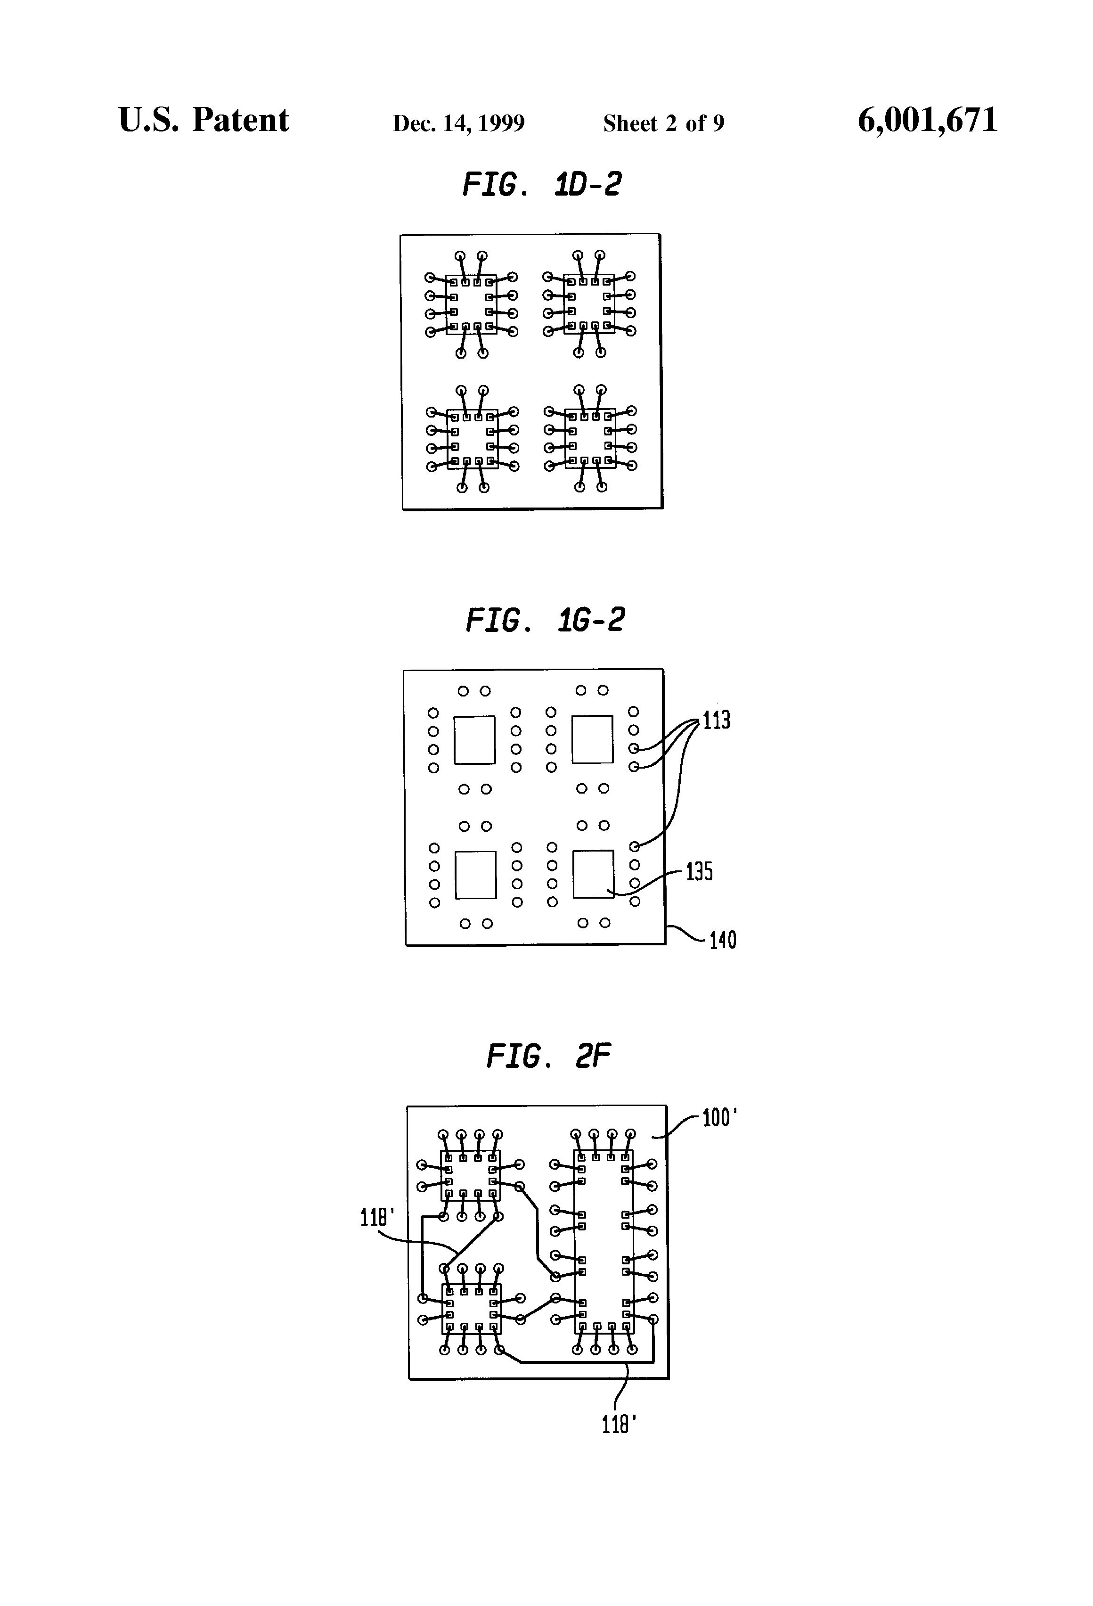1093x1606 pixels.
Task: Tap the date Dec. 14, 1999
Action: pos(459,123)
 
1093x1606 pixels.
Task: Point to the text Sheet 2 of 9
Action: pos(663,123)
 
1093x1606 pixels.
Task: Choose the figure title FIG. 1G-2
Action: pos(545,620)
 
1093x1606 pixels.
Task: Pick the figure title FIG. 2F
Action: pos(548,1056)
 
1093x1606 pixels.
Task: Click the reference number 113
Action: pos(717,721)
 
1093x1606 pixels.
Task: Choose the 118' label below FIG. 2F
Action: pos(619,1424)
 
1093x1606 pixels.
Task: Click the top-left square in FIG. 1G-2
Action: pos(474,739)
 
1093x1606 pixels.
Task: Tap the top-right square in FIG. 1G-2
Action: pos(592,739)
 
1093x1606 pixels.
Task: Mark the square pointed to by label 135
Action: pos(593,874)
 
